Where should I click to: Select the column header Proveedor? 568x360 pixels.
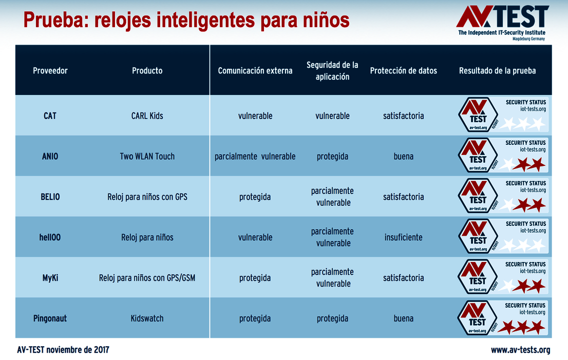[50, 71]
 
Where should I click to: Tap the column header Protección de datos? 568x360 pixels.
[403, 71]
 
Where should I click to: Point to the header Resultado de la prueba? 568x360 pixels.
[497, 71]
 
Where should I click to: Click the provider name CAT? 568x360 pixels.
[50, 116]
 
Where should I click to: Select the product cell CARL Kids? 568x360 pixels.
[147, 116]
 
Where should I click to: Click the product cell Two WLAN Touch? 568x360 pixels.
[147, 156]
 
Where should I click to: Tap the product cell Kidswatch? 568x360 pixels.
[147, 318]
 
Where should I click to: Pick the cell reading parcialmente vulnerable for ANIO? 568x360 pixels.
[255, 156]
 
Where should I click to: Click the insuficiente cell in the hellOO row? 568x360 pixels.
[403, 237]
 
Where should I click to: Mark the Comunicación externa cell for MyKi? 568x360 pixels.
[255, 278]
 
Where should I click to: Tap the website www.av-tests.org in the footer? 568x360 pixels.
[520, 350]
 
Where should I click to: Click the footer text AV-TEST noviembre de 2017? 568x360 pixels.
[63, 350]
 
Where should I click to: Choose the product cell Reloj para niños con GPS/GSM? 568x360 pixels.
[147, 278]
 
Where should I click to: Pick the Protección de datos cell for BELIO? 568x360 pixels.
[403, 197]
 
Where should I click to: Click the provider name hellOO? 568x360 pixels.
[50, 237]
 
